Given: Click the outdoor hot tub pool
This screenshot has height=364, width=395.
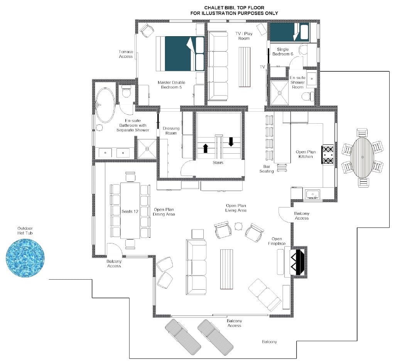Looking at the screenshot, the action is pos(25,258).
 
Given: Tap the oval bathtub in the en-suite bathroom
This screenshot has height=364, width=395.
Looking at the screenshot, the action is pos(105,105).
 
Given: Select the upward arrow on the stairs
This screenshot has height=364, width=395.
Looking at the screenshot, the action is pos(206,148).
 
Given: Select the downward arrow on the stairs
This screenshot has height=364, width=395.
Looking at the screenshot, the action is pos(231,142).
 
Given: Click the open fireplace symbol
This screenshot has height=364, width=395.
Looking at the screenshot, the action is pos(299,262).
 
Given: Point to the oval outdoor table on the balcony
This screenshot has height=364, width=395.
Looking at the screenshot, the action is pos(363,157).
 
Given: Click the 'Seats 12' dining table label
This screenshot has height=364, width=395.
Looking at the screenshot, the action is pos(130,211).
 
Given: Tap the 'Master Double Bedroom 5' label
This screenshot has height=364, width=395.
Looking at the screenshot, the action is pos(171,85).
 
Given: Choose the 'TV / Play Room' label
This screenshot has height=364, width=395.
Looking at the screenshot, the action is pos(244,36).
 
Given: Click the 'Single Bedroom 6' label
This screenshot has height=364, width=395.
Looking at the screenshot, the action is pos(283,52).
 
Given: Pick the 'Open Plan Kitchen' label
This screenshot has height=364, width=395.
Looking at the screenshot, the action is pos(306,154).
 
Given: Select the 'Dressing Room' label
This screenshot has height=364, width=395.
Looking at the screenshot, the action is pos(171,131).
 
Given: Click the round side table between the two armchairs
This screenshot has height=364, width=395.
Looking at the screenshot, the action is pos(238,226).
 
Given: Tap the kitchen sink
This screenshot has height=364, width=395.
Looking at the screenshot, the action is pos(312,195).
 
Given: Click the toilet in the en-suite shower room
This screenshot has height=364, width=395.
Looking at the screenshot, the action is pos(307,96).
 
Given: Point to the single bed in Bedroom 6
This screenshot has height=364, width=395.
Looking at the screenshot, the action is pos(289,32).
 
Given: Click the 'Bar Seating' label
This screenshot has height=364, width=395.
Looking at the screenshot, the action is pos(267,169).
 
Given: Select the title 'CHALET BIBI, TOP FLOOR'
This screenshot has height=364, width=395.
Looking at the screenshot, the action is pos(234,8).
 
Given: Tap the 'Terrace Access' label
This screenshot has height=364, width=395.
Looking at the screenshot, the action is pos(126,54).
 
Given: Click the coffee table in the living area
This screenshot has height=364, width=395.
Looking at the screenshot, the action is pos(226,269).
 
